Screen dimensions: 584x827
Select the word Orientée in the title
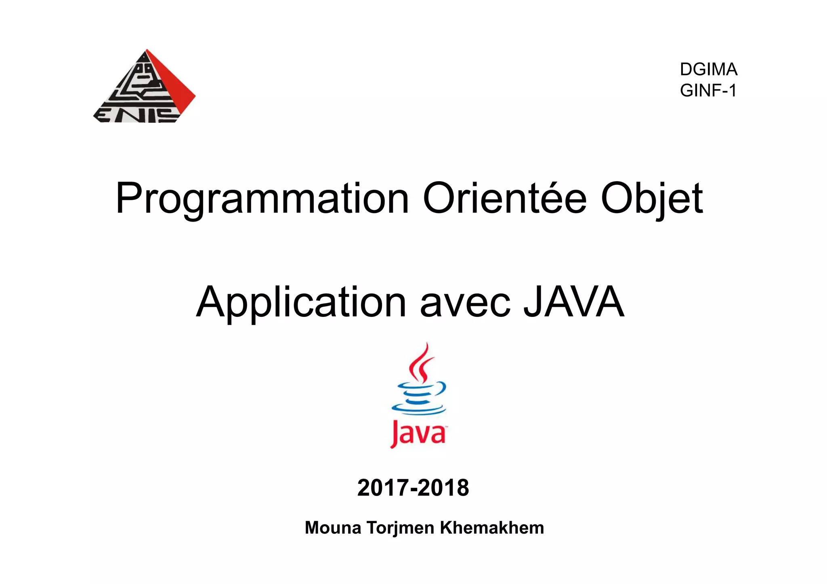(504, 199)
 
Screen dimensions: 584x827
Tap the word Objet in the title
(652, 199)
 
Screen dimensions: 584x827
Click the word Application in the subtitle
(301, 303)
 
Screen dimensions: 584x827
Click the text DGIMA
(709, 69)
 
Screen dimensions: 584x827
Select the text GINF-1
(708, 90)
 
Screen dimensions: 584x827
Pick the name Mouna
(333, 528)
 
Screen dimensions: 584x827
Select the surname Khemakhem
(492, 528)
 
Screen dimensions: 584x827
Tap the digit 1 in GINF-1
(733, 90)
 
